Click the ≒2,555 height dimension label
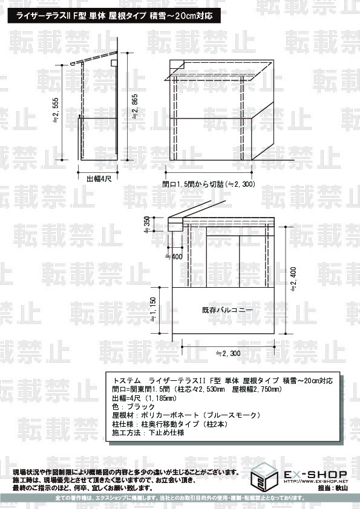point(72,111)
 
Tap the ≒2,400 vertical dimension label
point(294,280)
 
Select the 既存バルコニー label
point(227,310)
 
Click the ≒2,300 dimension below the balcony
point(227,353)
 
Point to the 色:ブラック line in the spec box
point(129,407)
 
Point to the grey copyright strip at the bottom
point(180,498)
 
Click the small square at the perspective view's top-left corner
point(176,64)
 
